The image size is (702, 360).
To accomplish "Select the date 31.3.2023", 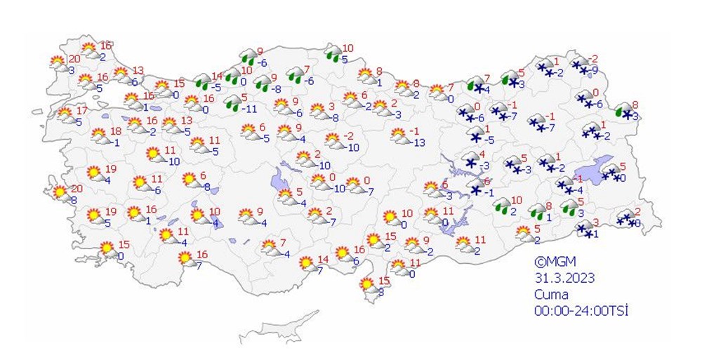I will click(x=564, y=278).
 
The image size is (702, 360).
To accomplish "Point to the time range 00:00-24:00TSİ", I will click(x=579, y=309).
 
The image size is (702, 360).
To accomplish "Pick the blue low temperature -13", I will click(x=419, y=143).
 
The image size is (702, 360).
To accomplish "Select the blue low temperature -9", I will click(x=595, y=70).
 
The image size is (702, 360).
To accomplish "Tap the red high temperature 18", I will click(x=116, y=131).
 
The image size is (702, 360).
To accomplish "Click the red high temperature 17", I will click(x=82, y=111).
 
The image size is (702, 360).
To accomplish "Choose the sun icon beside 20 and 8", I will click(x=60, y=192).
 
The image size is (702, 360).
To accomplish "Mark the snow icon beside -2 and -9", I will click(x=581, y=66).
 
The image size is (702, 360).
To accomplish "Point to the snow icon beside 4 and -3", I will click(x=469, y=161).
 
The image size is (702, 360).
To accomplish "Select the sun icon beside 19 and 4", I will click(x=93, y=172).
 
